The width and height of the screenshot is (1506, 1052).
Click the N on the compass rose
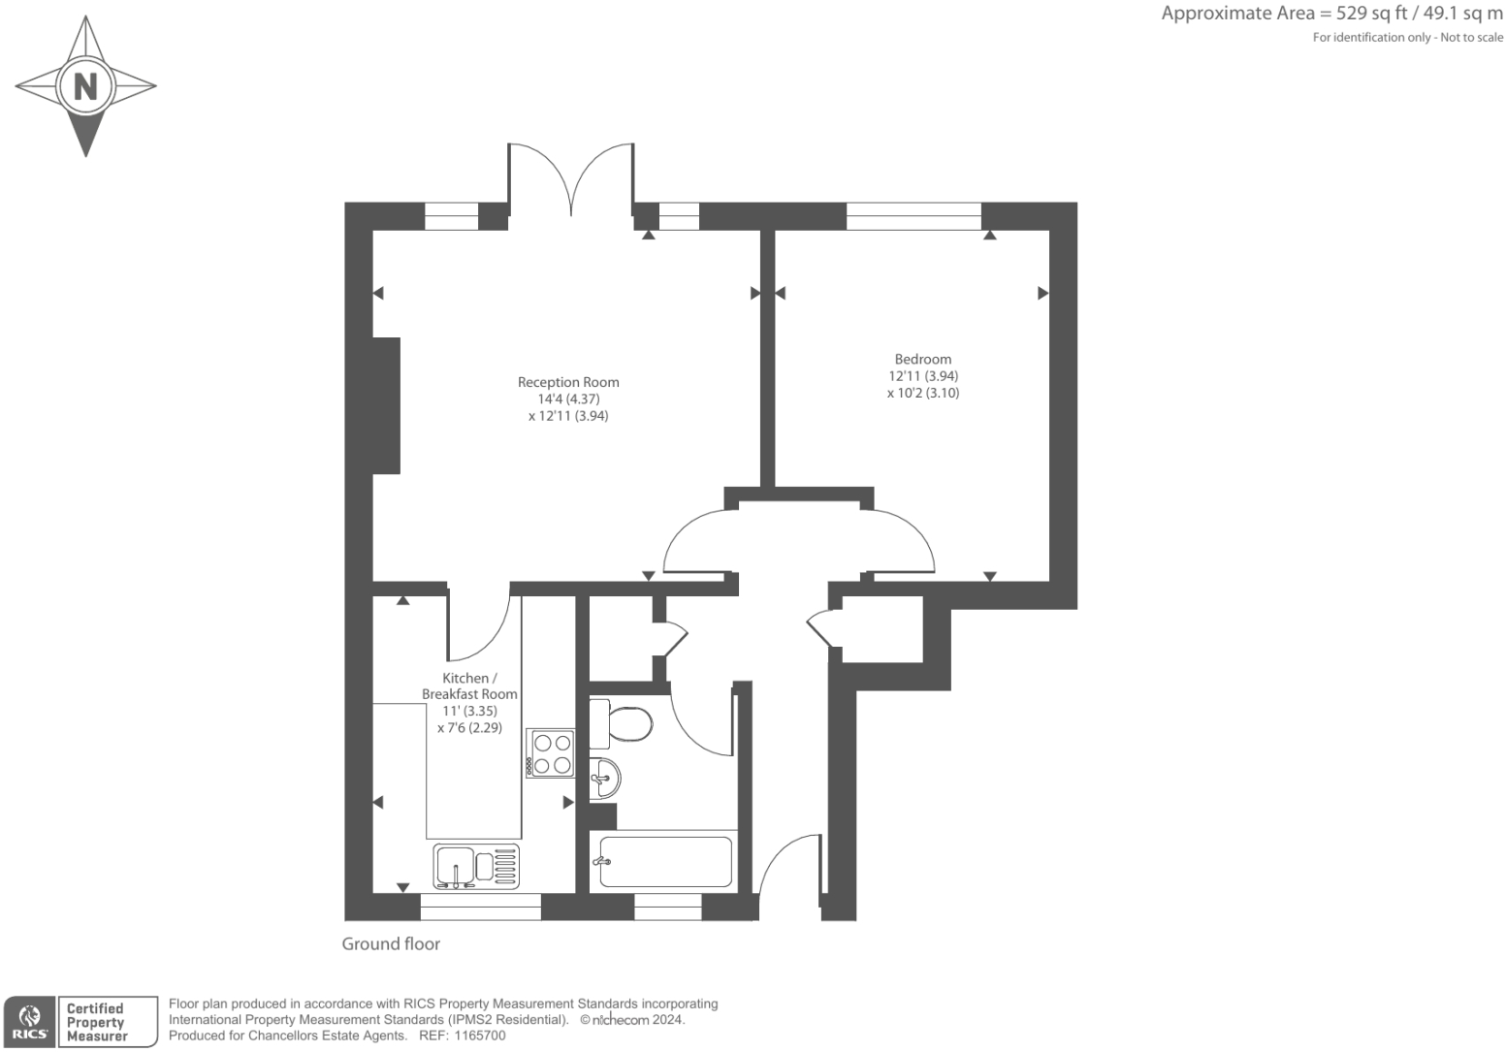coord(85,86)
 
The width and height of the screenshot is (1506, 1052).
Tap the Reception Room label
coord(568,382)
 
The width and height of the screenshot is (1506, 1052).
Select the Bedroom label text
coord(922,359)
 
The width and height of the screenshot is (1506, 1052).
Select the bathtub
coord(665,862)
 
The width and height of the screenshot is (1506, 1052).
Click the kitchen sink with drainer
coord(476,866)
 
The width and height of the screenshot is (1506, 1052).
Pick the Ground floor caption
coord(391,943)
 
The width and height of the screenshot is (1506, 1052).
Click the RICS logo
coord(30,1022)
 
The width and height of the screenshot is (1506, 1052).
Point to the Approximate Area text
coord(1331,14)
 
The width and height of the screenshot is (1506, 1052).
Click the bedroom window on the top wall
coord(913,216)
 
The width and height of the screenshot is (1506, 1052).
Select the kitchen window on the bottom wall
coord(480,907)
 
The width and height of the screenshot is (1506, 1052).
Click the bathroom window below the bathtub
coord(667,907)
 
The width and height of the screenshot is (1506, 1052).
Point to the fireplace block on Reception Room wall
coord(387,405)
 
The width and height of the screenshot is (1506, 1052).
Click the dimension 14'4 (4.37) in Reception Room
coord(568,398)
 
